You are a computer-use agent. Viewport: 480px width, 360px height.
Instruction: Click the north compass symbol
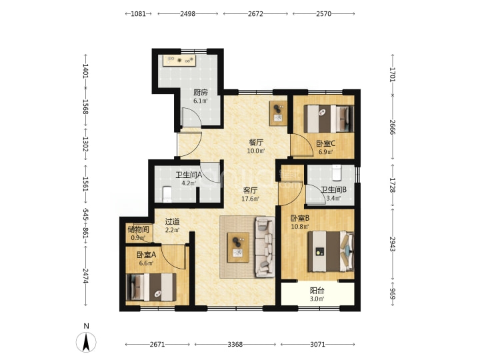coord(86,341)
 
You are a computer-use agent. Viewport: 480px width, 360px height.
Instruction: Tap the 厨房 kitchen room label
coord(201,93)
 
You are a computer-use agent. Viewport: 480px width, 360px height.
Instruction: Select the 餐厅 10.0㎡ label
coord(256,146)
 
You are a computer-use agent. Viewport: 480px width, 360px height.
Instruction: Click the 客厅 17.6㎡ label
coord(250,195)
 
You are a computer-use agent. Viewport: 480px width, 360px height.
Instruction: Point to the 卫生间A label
coord(189,175)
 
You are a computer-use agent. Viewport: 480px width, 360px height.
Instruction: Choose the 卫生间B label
coord(334,190)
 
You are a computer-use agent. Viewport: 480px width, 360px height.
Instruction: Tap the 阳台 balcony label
coord(317,290)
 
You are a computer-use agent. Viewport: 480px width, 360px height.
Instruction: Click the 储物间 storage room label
coord(139,229)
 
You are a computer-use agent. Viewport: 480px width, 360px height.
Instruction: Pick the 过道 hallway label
coord(172,221)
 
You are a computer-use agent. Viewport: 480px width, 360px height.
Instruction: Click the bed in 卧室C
coord(329,119)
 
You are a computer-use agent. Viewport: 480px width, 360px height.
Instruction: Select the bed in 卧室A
coord(151,287)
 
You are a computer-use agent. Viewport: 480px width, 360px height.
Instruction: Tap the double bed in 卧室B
coord(331,251)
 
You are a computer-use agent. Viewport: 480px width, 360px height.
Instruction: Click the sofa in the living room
coord(265,247)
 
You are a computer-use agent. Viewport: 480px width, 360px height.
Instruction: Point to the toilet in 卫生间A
coord(167,195)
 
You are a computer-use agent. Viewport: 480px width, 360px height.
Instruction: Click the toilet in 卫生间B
coord(337,173)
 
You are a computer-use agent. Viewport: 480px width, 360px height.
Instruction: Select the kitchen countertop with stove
coord(180,60)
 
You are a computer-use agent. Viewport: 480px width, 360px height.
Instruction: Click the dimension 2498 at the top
coord(187,14)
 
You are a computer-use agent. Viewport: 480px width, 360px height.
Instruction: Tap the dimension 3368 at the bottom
coord(235,345)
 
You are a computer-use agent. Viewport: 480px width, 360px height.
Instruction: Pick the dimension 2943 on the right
coord(393,244)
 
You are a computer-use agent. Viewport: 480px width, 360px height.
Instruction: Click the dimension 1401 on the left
coord(86,71)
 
